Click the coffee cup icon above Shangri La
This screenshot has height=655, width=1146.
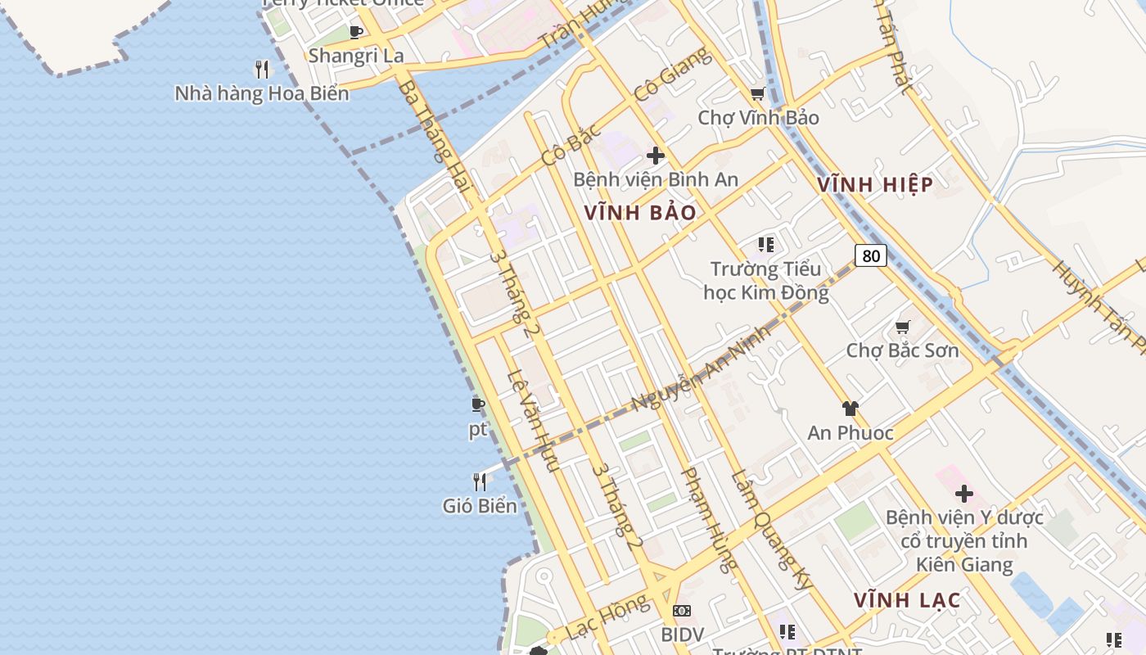[x=355, y=33]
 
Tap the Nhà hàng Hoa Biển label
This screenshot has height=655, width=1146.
[x=262, y=93]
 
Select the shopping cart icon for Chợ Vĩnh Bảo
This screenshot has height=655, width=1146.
[x=758, y=94]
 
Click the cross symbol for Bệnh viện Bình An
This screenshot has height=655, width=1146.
[x=655, y=156]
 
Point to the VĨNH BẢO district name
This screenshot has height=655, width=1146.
[x=640, y=213]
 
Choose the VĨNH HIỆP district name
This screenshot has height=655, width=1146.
[x=875, y=185]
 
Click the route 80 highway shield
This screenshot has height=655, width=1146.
[x=871, y=255]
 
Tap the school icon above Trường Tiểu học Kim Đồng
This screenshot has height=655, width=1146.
[x=766, y=245]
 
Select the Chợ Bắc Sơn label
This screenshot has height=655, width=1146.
[x=902, y=350]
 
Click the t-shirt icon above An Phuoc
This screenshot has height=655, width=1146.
[x=850, y=409]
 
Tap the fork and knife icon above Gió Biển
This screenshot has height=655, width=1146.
[x=480, y=481]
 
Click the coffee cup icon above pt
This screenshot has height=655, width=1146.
[x=478, y=404]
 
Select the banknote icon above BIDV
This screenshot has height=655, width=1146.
[x=682, y=611]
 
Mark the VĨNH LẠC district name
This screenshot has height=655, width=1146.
[x=907, y=600]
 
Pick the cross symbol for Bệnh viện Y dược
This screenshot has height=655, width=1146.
[x=964, y=494]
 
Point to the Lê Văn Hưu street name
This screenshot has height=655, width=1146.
[x=533, y=422]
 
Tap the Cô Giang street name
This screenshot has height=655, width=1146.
[x=673, y=75]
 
